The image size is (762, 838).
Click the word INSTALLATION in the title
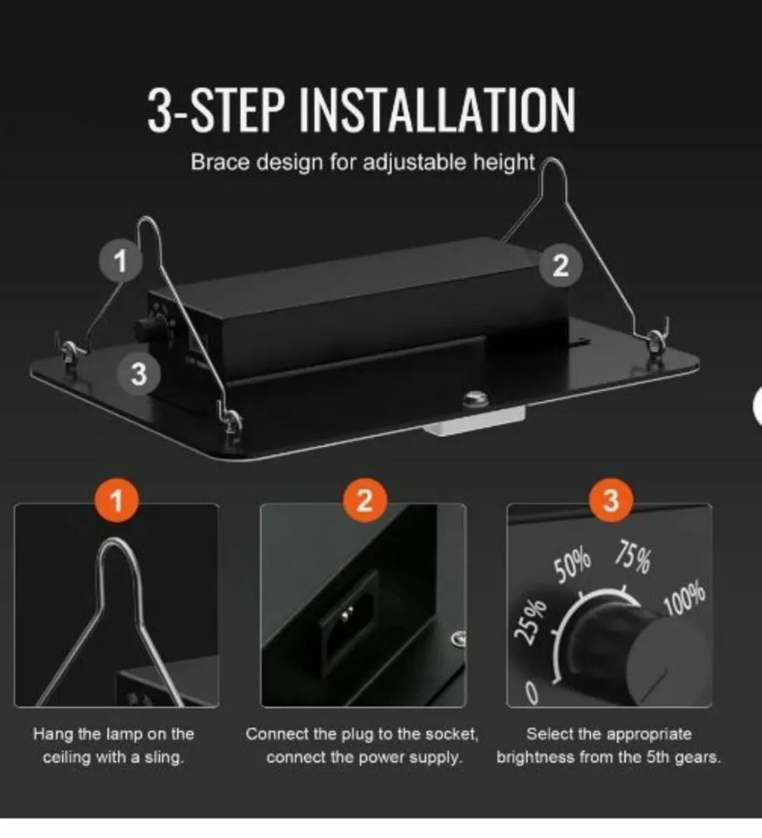(x=438, y=110)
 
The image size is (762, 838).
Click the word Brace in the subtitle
(x=220, y=162)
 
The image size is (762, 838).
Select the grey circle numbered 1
(x=120, y=261)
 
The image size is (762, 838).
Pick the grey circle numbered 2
(x=561, y=265)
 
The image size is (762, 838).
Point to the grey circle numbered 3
(x=139, y=374)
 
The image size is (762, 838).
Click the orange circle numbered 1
(x=117, y=500)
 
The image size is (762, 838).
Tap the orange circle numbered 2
(x=364, y=500)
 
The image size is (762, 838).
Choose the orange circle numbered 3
(x=610, y=500)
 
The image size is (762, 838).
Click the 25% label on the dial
(x=529, y=622)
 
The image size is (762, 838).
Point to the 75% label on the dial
(x=633, y=559)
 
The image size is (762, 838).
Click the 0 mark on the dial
(x=531, y=694)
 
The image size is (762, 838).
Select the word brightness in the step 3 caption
(x=535, y=758)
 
